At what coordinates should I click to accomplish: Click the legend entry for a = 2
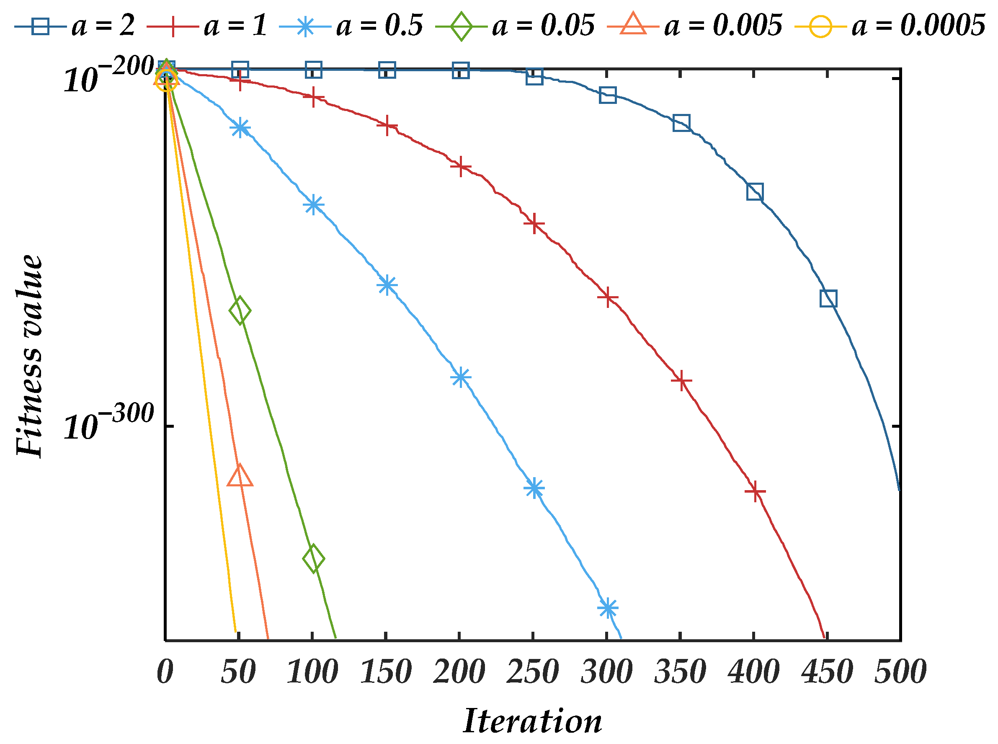pos(74,25)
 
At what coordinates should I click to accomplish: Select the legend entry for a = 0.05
pos(515,25)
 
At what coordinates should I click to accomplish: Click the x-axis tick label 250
pos(533,672)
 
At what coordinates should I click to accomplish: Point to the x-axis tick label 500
pos(900,672)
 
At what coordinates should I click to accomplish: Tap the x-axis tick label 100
pos(312,672)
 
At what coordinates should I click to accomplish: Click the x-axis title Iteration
pos(532,721)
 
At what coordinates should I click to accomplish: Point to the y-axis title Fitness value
pos(29,356)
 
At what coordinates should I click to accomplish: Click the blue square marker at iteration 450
pos(828,298)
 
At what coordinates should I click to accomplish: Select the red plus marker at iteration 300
pos(608,297)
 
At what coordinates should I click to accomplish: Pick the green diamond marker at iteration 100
pos(313,558)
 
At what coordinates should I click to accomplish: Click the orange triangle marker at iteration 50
pos(240,475)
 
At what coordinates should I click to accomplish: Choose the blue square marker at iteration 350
pos(681,122)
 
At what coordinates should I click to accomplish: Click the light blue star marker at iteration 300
pos(608,608)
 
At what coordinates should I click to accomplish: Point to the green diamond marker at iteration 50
pos(240,310)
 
